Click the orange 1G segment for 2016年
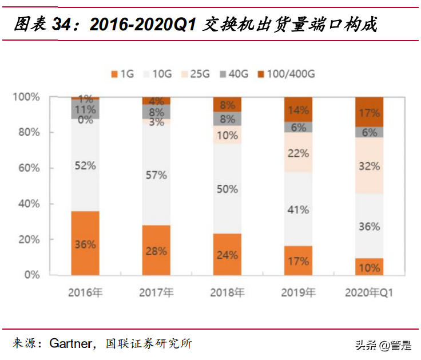tap(85, 243)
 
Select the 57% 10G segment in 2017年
tap(156, 175)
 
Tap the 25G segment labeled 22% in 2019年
tap(299, 153)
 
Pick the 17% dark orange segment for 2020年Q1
tap(370, 112)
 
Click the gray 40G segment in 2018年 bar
tap(228, 119)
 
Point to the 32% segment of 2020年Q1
tap(370, 166)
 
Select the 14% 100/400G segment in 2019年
tap(299, 110)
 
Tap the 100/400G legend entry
tap(286, 74)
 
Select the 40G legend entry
tap(237, 74)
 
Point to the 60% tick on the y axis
tap(27, 168)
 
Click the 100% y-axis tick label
tap(26, 97)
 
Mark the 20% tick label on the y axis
tap(27, 239)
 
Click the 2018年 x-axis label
tap(228, 293)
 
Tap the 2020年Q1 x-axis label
tap(370, 293)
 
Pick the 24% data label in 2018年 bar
tap(228, 255)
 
